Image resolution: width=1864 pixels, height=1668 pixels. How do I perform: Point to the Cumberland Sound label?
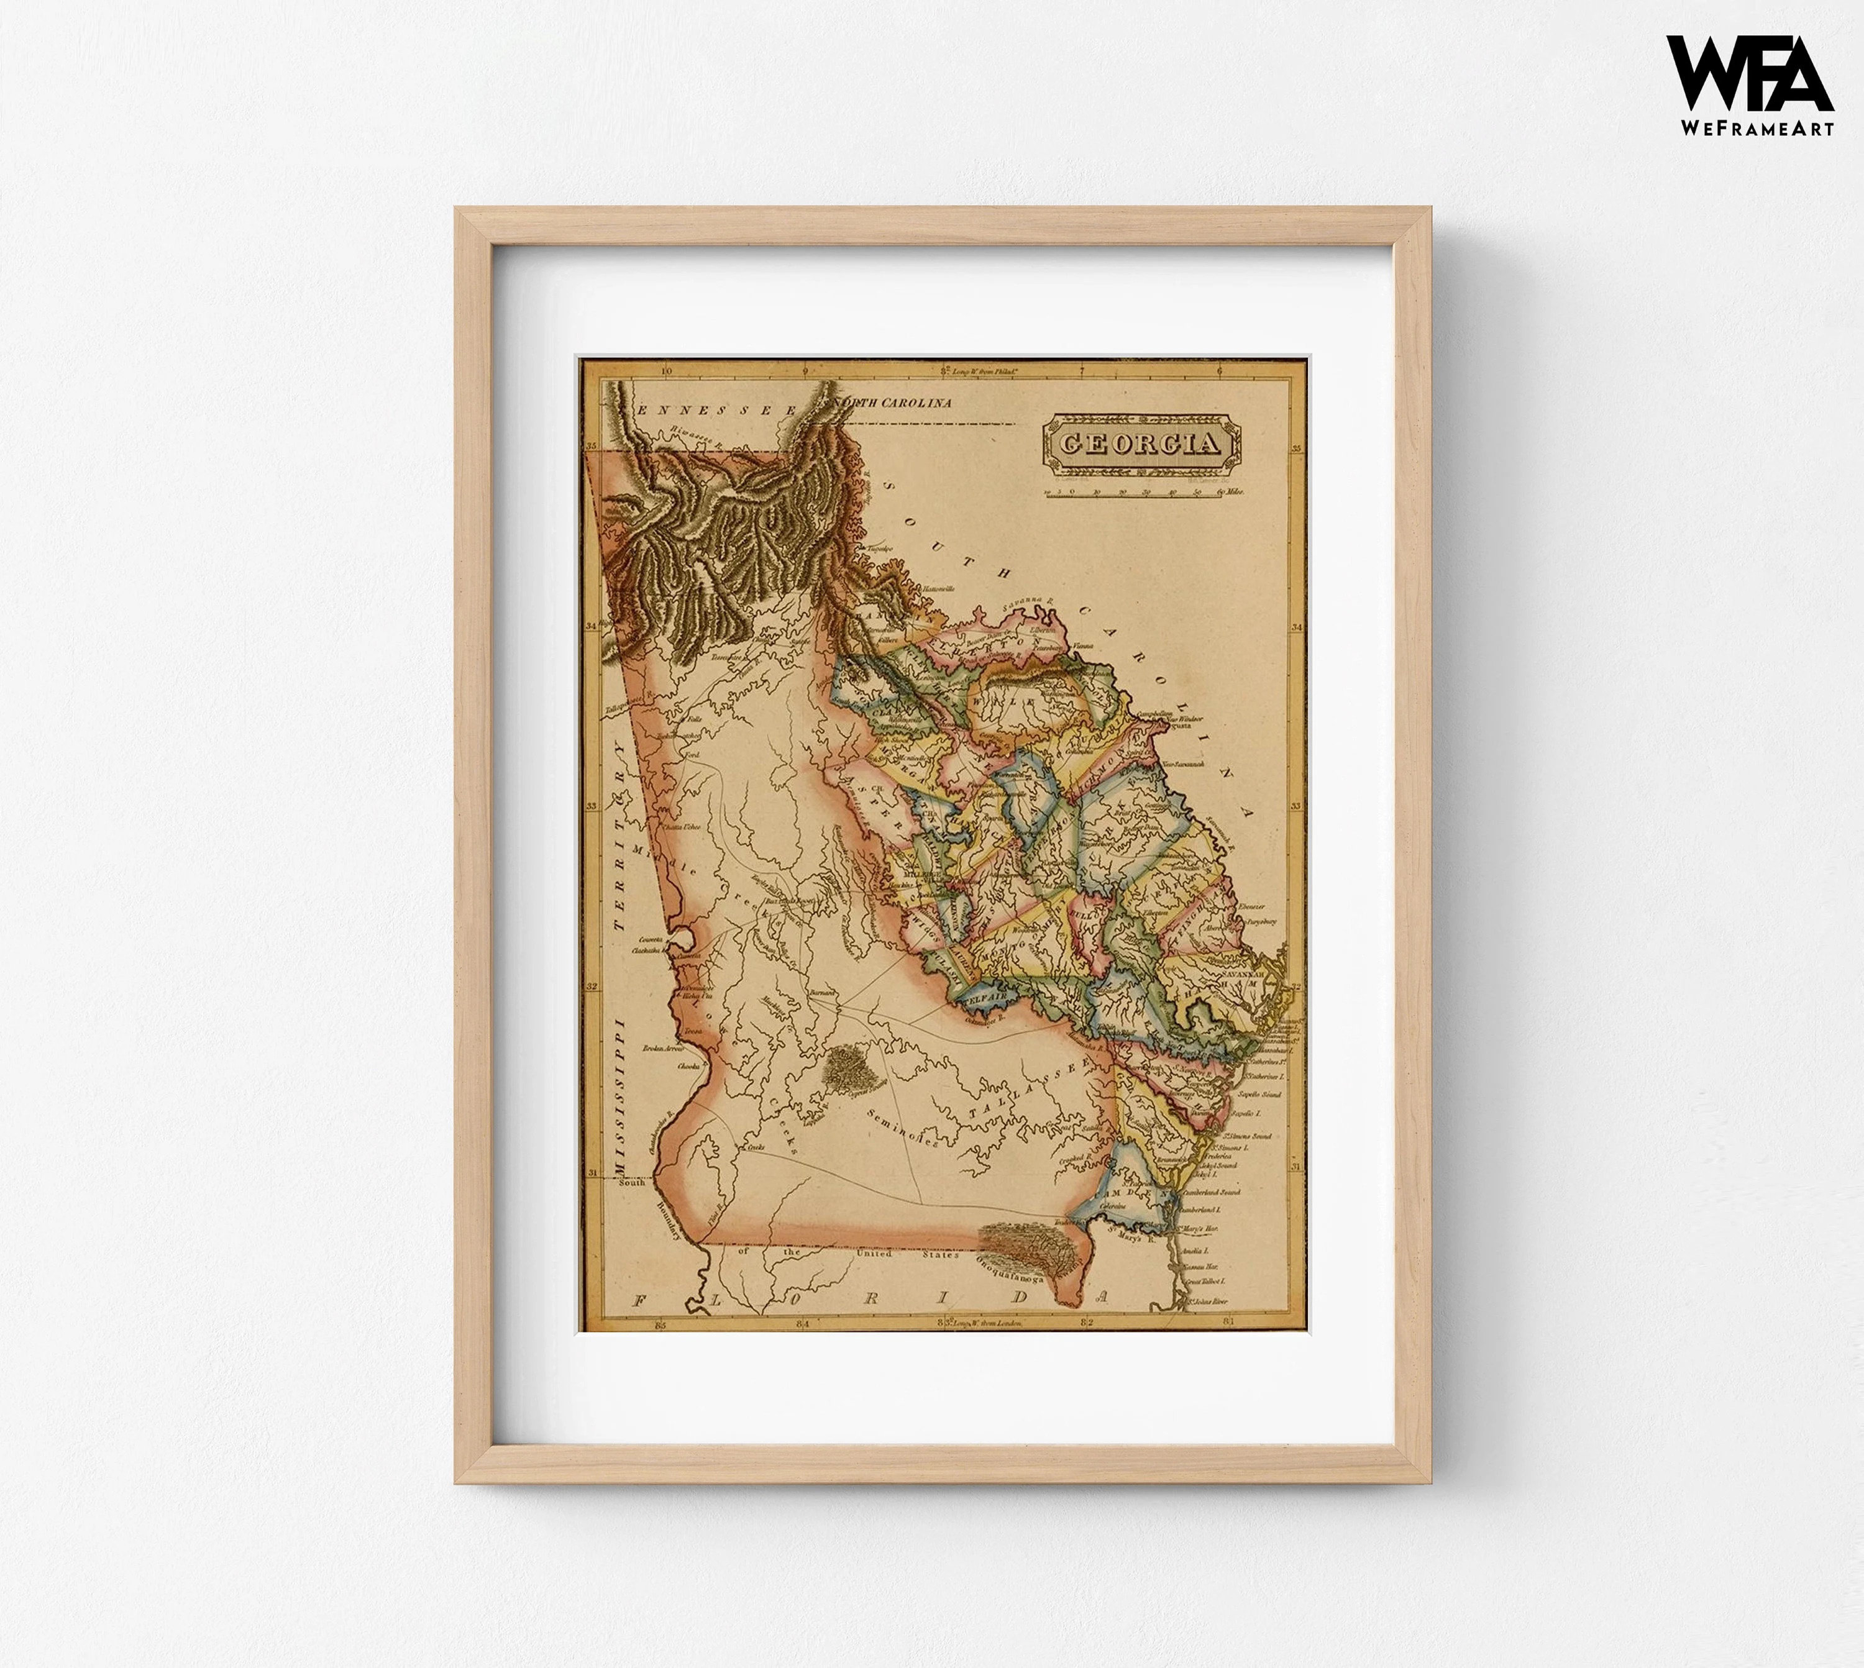[x=1212, y=1193]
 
